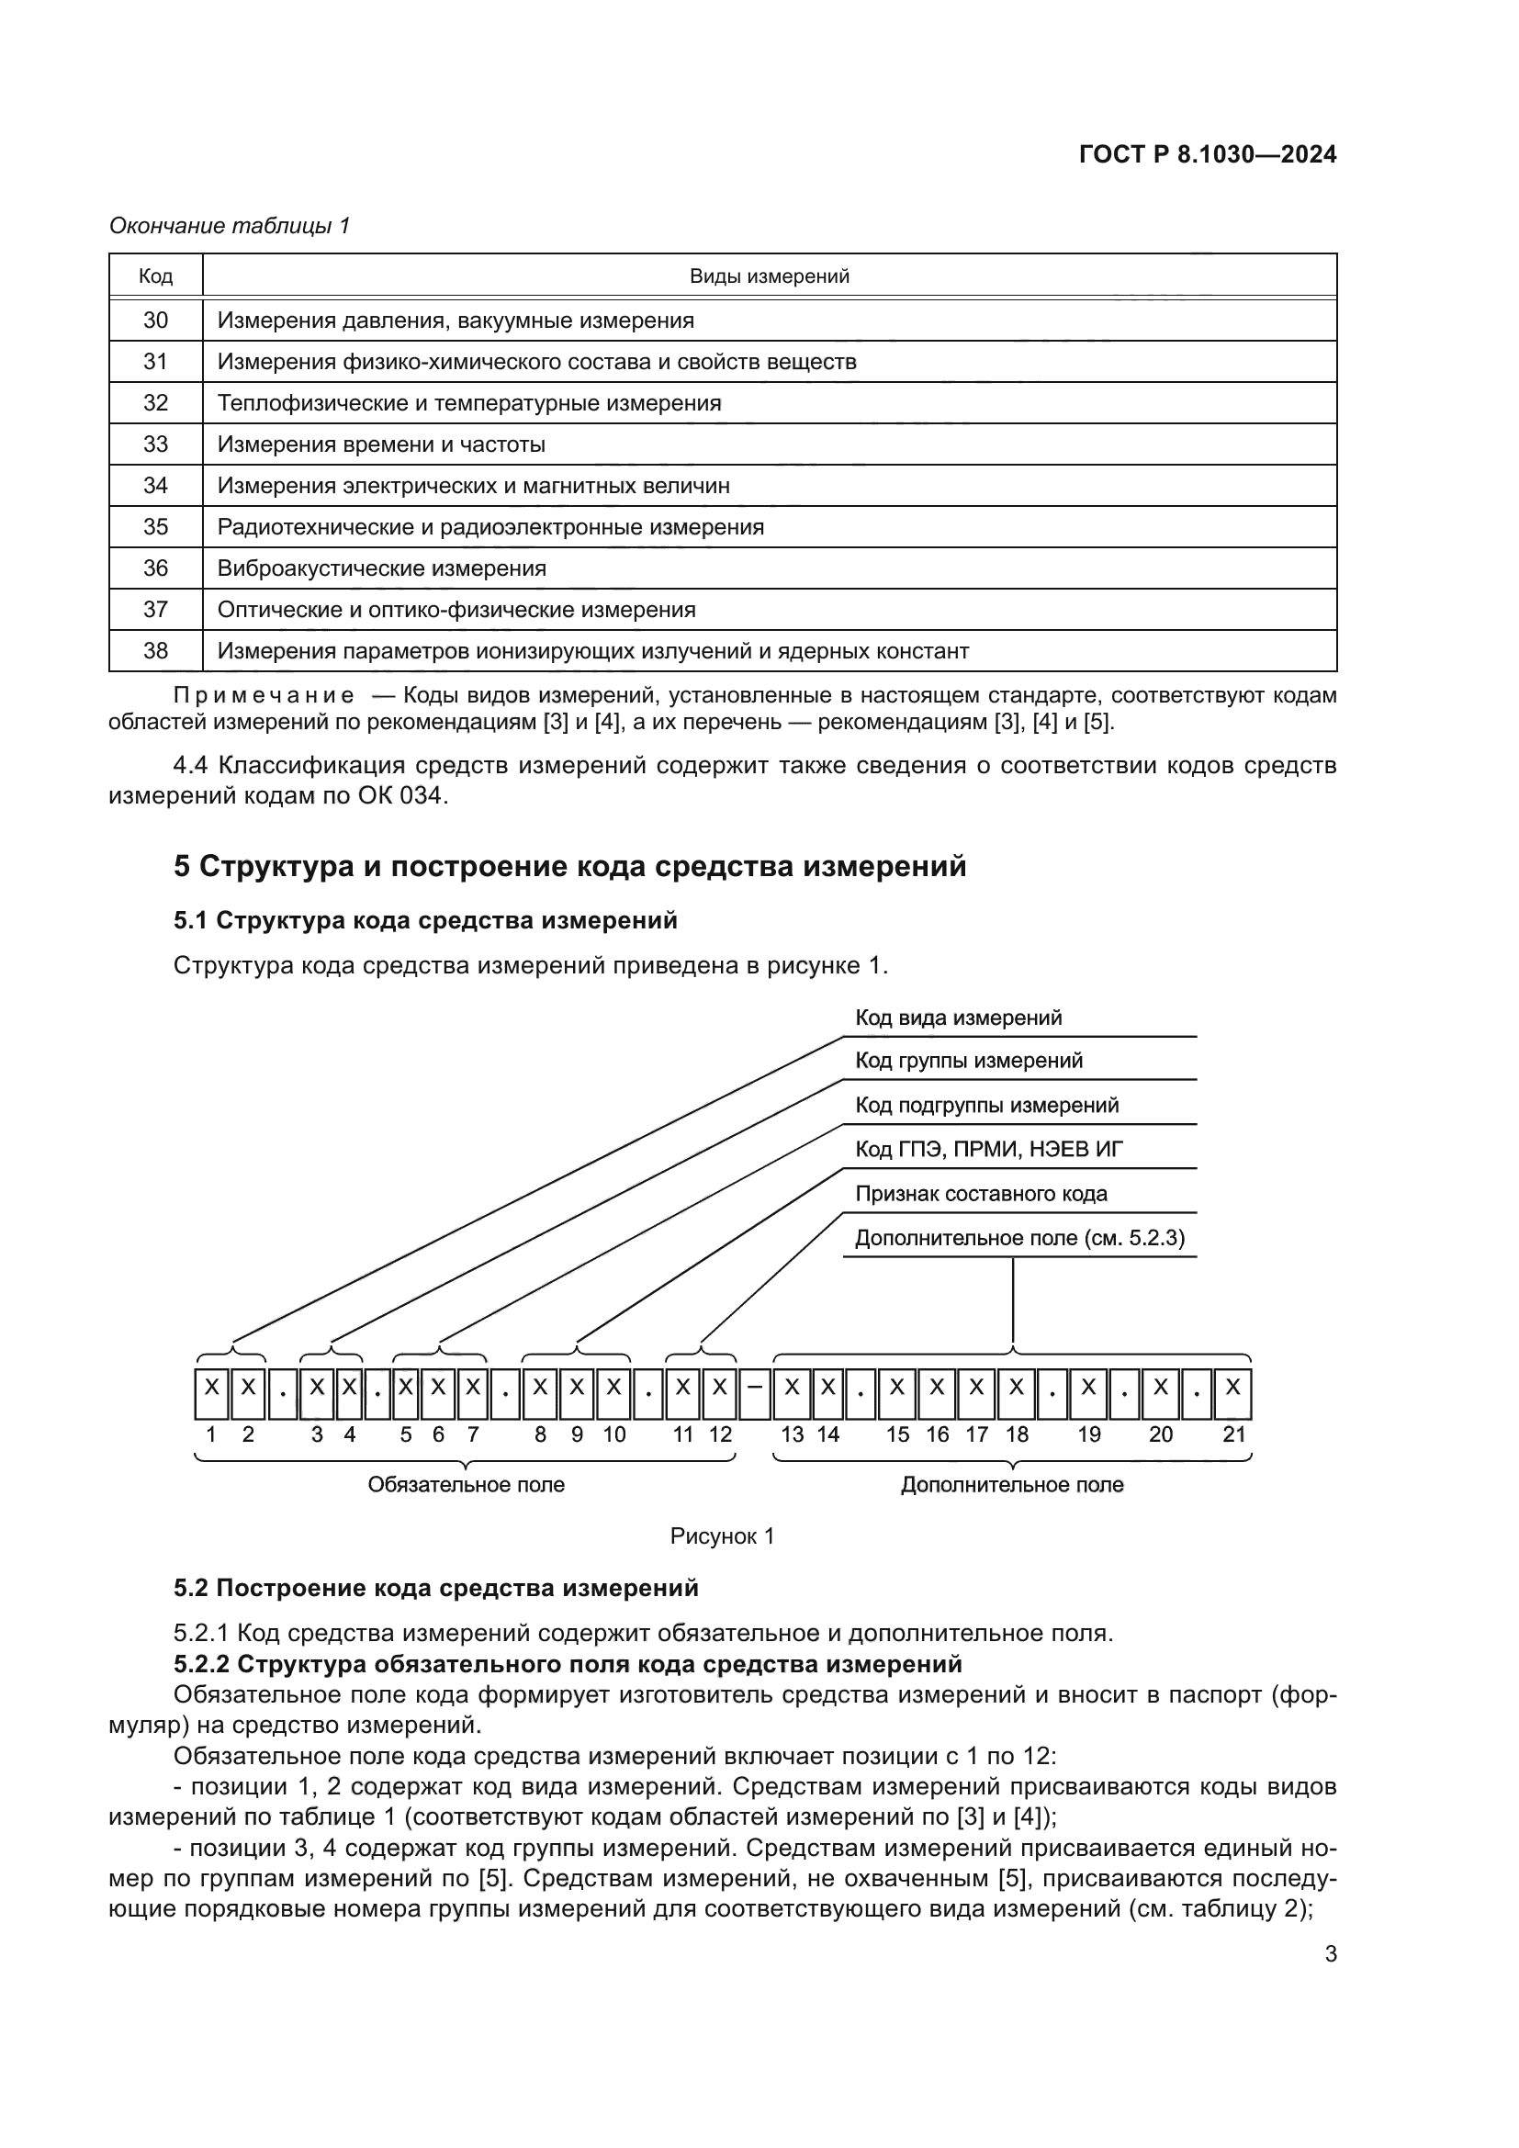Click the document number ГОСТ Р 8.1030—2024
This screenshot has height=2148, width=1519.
point(1208,155)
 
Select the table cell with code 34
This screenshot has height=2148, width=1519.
point(155,486)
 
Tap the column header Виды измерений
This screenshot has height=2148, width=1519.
point(769,276)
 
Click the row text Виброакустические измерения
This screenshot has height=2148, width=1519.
point(382,568)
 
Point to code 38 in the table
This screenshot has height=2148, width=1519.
point(155,650)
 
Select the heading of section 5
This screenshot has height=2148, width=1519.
point(569,866)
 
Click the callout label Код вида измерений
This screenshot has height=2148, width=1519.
point(958,1018)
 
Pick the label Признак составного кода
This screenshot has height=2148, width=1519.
point(980,1194)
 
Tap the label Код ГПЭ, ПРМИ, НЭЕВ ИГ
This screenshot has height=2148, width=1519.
point(989,1150)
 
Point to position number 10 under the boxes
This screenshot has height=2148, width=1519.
point(613,1435)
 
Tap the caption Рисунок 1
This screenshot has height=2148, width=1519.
point(722,1536)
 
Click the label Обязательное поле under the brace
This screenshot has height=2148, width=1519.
point(466,1485)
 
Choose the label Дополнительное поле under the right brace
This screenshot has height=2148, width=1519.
point(1012,1485)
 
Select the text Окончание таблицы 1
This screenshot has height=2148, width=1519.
point(230,226)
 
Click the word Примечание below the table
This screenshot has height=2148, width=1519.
point(264,696)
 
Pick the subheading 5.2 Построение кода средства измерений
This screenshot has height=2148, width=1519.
point(436,1589)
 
